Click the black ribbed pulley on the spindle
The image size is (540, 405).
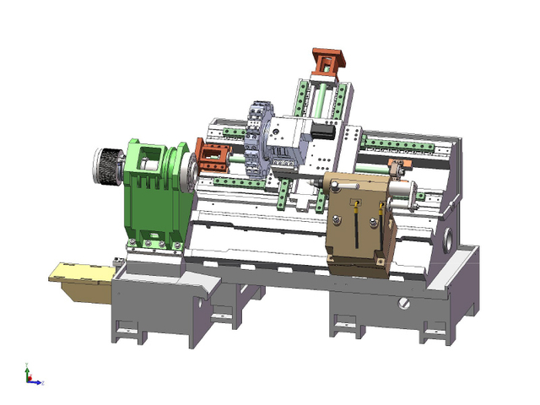coord(107,165)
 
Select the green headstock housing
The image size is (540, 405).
coord(156,198)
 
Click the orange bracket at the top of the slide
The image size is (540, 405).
coord(328,61)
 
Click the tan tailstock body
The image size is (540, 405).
coord(359,224)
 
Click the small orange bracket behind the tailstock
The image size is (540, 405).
coord(395,165)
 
